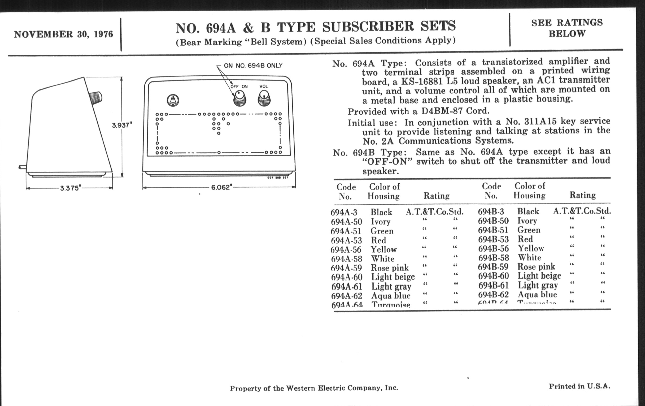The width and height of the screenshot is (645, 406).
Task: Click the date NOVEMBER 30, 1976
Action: [x=63, y=34]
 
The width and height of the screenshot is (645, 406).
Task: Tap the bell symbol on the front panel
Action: [x=173, y=101]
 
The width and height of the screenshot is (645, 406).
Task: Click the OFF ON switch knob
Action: [x=239, y=98]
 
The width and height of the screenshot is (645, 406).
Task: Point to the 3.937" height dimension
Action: [x=122, y=125]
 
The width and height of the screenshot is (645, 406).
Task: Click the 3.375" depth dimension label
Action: [x=71, y=188]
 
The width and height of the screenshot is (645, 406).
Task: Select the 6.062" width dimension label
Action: [x=221, y=187]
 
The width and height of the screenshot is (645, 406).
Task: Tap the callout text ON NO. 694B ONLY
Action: [x=253, y=66]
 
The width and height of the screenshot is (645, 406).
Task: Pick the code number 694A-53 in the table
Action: [x=346, y=240]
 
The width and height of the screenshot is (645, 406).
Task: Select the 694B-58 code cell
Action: [x=493, y=258]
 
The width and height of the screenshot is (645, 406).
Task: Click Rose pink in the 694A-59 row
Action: [x=390, y=268]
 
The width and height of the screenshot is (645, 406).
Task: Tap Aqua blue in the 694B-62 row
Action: [x=537, y=295]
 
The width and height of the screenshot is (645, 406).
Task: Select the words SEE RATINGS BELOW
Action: [x=567, y=28]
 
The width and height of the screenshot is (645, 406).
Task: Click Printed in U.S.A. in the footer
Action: [x=579, y=386]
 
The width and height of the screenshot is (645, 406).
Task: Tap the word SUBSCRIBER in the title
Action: [x=368, y=27]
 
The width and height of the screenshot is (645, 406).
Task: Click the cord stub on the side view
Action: [x=23, y=167]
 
